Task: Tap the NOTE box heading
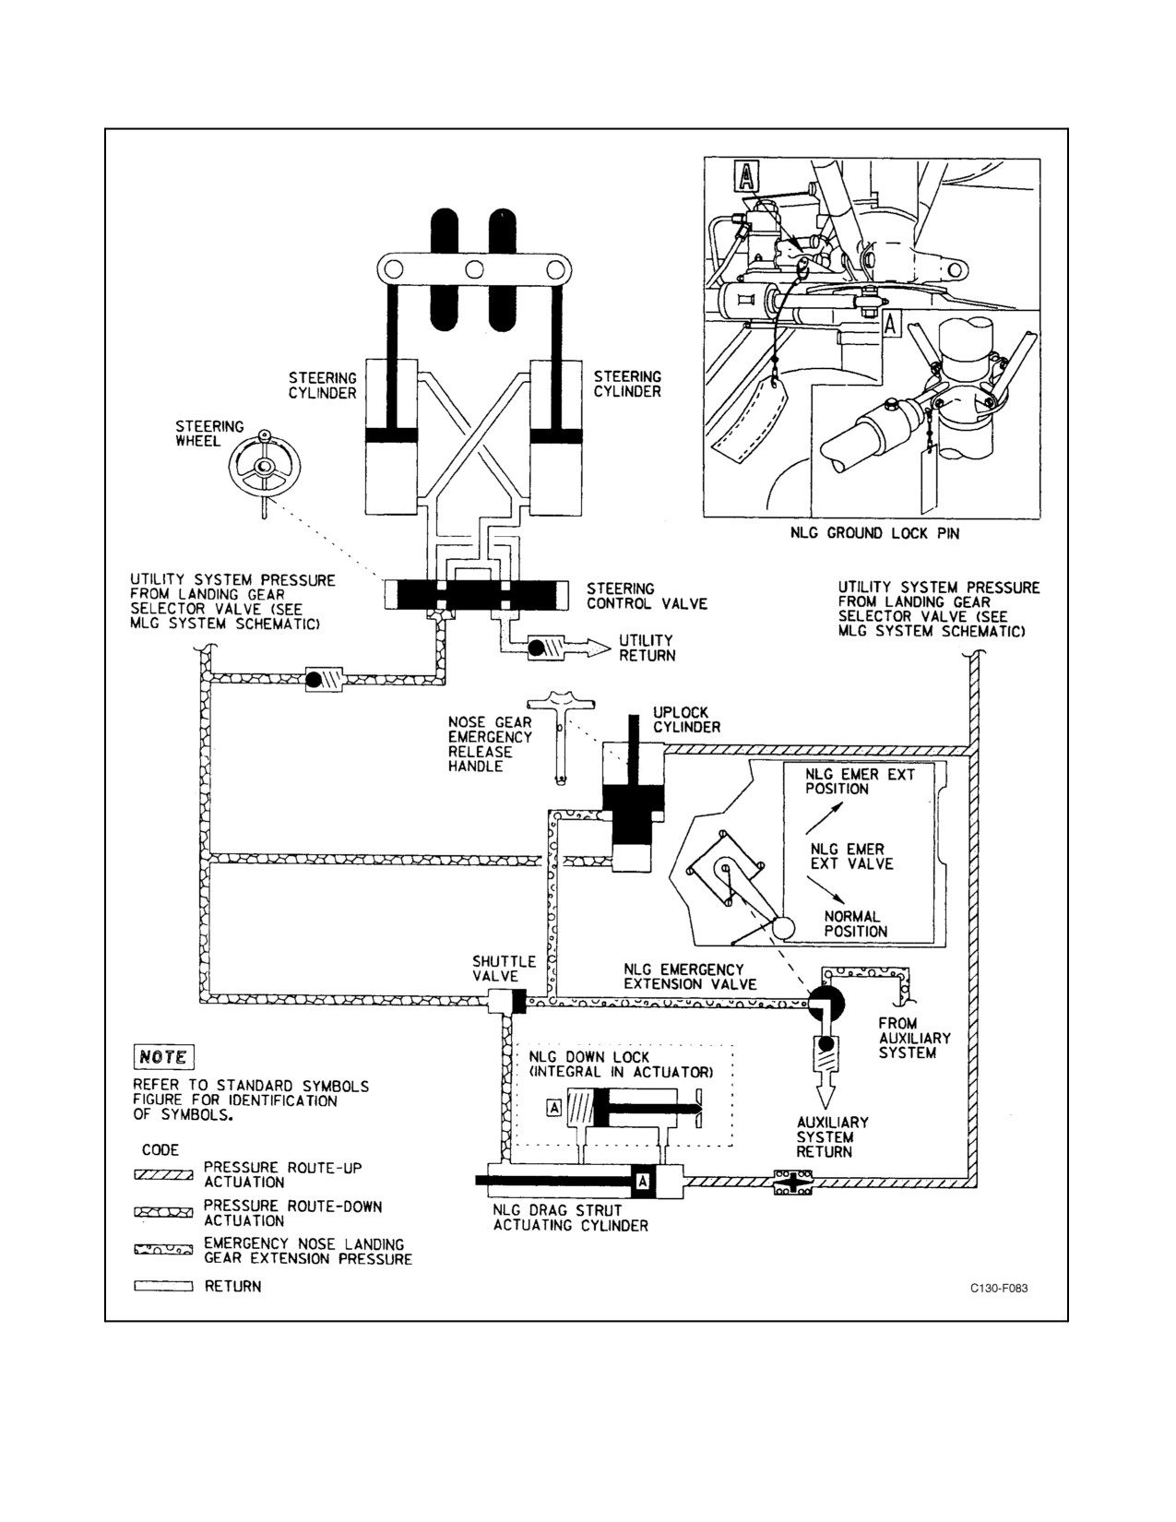(163, 1057)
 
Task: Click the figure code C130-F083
(999, 1288)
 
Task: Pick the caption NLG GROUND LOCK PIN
(874, 533)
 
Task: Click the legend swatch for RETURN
(163, 1287)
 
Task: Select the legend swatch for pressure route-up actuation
(163, 1175)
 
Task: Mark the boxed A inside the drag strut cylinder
(642, 1182)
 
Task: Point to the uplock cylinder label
(686, 719)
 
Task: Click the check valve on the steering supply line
(324, 679)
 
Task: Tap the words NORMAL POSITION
(855, 924)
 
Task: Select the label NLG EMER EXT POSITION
(861, 781)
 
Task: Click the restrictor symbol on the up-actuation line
(793, 1183)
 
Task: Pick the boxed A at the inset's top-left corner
(746, 176)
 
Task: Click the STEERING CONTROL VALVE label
(647, 596)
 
